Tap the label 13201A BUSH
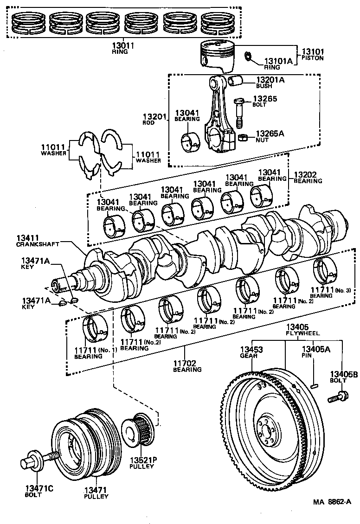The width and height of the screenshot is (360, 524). (271, 82)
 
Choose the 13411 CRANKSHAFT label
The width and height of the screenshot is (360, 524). (32, 241)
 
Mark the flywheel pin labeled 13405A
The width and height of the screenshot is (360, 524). (315, 384)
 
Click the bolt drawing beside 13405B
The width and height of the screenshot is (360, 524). (338, 396)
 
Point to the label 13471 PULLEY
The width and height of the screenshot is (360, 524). (96, 493)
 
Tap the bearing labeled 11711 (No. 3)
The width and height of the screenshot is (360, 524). (326, 269)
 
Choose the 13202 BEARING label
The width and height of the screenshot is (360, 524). (307, 178)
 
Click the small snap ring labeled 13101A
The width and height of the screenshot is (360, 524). (248, 57)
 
